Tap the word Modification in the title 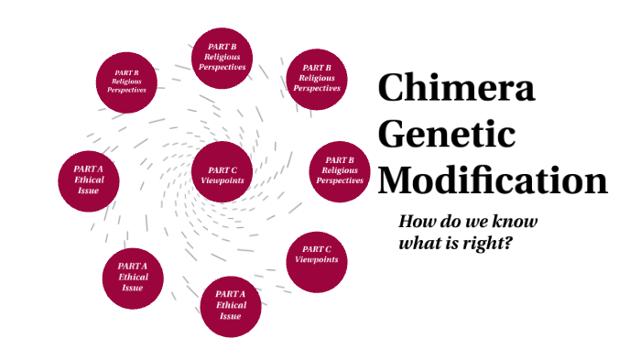493,179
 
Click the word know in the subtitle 515,223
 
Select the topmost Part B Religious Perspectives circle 223,60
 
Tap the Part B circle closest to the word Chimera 317,78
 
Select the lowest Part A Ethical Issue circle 231,305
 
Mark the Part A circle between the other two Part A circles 133,277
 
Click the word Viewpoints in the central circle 223,180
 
